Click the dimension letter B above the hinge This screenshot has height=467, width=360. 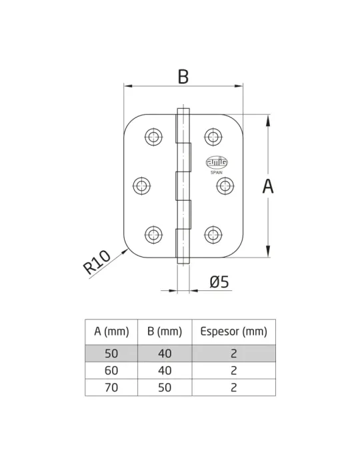pyautogui.click(x=183, y=77)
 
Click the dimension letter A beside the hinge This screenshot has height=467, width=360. pyautogui.click(x=268, y=186)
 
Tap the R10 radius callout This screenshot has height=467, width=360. pyautogui.click(x=97, y=262)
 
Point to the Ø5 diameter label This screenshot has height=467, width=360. pyautogui.click(x=219, y=282)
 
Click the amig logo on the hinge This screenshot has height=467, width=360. pyautogui.click(x=217, y=162)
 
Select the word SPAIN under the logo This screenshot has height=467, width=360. pyautogui.click(x=217, y=172)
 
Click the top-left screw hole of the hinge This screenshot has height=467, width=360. pyautogui.click(x=153, y=137)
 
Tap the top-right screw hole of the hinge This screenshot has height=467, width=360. pyautogui.click(x=213, y=137)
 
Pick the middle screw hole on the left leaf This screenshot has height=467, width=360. pyautogui.click(x=141, y=186)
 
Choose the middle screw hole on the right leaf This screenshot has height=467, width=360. pyautogui.click(x=225, y=186)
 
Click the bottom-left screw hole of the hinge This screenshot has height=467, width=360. pyautogui.click(x=153, y=235)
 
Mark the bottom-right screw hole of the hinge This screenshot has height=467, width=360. pyautogui.click(x=213, y=235)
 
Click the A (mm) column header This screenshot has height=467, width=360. pyautogui.click(x=111, y=332)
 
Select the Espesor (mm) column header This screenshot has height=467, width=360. pyautogui.click(x=233, y=332)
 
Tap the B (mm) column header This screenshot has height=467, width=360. pyautogui.click(x=165, y=332)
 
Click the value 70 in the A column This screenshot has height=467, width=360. pyautogui.click(x=111, y=388)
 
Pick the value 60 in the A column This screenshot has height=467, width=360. pyautogui.click(x=111, y=370)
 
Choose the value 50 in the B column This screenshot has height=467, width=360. pyautogui.click(x=165, y=388)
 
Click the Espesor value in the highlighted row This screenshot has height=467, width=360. pyautogui.click(x=233, y=354)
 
